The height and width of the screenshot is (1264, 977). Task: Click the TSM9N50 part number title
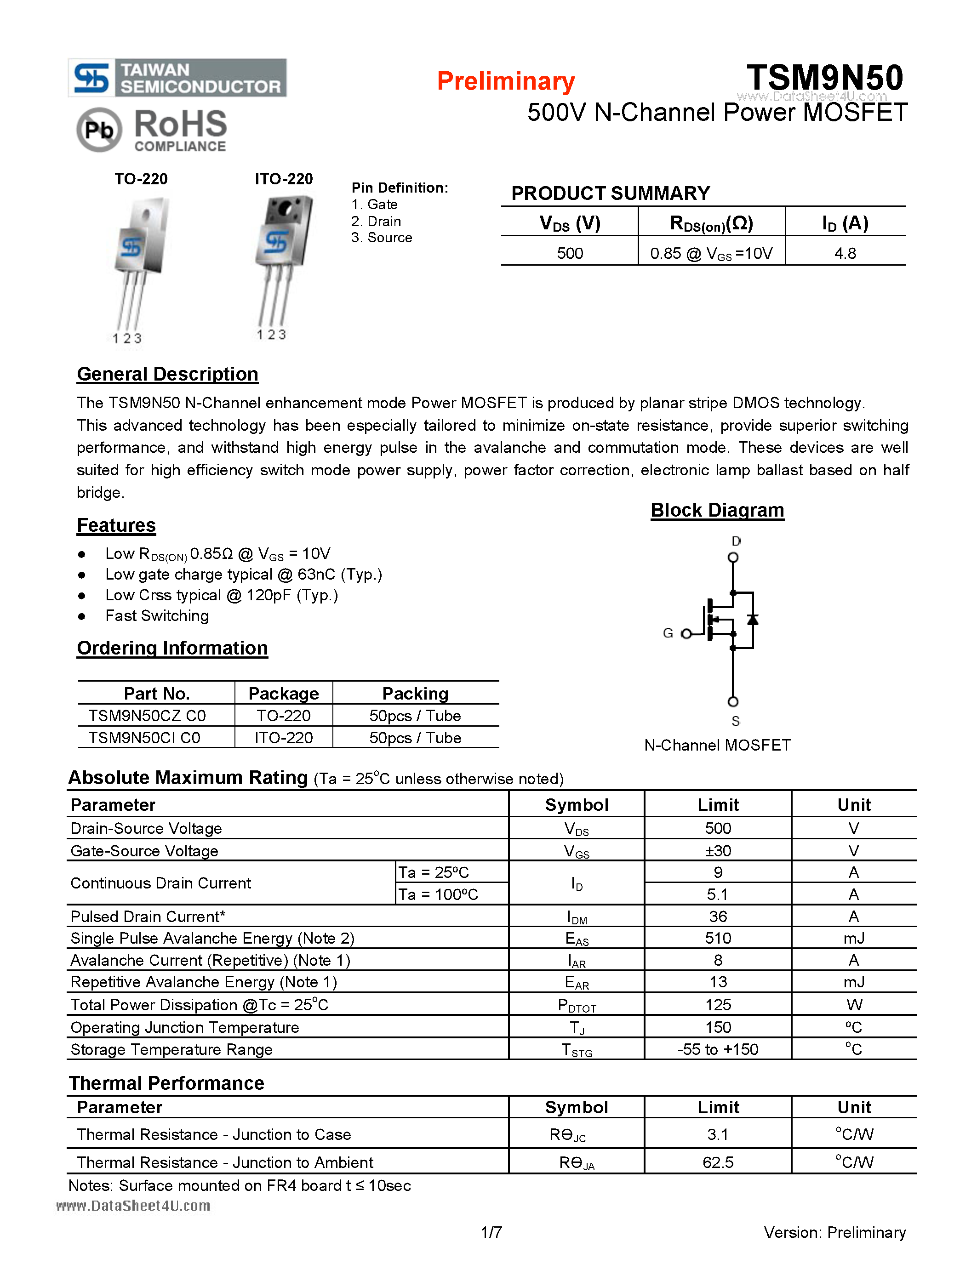(824, 78)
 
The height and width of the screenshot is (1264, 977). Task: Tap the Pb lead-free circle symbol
(99, 130)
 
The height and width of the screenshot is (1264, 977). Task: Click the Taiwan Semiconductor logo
(177, 78)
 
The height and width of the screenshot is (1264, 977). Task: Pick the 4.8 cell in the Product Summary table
(845, 253)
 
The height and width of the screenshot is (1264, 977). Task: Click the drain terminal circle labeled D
(733, 558)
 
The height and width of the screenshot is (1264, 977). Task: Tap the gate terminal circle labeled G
(686, 634)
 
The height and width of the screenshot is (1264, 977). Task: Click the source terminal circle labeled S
(733, 701)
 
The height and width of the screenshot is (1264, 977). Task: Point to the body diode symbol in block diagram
(753, 620)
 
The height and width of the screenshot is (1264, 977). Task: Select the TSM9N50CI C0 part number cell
(145, 738)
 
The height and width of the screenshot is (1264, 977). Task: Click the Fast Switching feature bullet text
(157, 616)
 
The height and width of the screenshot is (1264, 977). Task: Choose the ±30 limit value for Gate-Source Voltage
(718, 851)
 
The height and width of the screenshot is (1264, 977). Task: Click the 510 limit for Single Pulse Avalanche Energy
(718, 938)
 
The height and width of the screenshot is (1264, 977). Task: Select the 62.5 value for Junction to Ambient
(718, 1162)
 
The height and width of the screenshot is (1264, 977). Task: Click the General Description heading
(167, 375)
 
